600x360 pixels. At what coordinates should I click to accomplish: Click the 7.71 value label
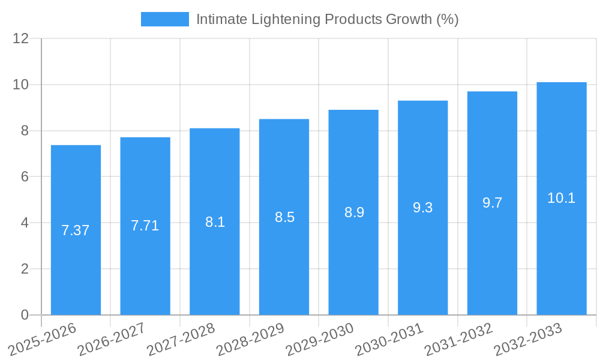(x=145, y=226)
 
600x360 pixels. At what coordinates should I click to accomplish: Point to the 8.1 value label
(x=215, y=222)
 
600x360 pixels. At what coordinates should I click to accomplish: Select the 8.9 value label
(x=354, y=212)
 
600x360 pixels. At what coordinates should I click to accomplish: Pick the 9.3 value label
(x=423, y=208)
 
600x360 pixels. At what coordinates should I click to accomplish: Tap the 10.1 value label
(x=562, y=198)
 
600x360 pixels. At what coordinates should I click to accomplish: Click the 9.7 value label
(x=492, y=203)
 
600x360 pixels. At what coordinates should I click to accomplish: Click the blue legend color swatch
(x=164, y=19)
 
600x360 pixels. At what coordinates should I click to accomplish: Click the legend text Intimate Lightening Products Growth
(x=327, y=19)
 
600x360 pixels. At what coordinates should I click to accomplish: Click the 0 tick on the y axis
(x=25, y=315)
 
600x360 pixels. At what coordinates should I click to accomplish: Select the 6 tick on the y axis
(x=25, y=177)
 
